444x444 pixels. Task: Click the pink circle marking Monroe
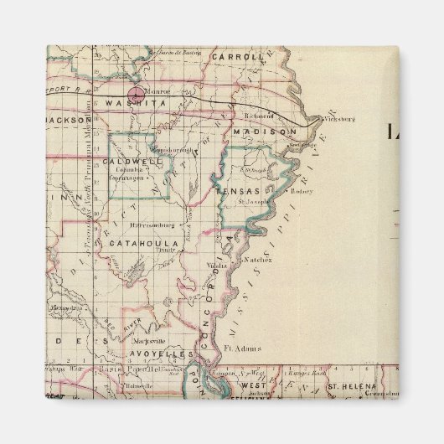click(x=135, y=93)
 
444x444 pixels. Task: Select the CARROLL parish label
click(x=238, y=57)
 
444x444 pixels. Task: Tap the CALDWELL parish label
click(x=126, y=160)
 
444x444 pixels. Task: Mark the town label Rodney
click(x=302, y=191)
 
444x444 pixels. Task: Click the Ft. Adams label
click(x=242, y=347)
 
